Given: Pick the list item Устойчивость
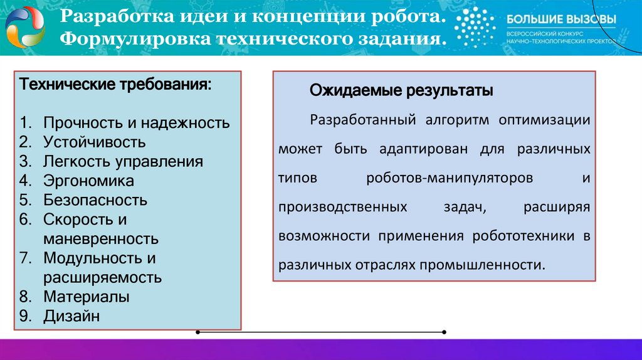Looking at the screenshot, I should [95, 142].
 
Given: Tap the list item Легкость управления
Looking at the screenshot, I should [123, 161].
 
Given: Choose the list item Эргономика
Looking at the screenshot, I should [88, 181].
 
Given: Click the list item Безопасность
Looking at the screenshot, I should [95, 200].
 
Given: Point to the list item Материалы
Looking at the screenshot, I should [87, 296].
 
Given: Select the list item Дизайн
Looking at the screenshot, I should [71, 315].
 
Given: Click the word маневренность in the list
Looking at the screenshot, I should [101, 239].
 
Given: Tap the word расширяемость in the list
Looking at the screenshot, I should [103, 277].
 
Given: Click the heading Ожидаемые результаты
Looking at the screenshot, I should [401, 91].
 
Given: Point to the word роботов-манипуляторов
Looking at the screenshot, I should [450, 178].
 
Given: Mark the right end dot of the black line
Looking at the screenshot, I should [444, 332].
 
